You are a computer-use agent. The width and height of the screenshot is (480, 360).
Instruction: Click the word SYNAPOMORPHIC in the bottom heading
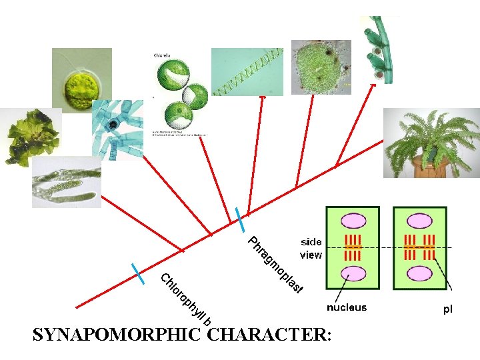(x=117, y=335)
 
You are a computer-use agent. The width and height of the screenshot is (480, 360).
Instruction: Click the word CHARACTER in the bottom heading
(x=267, y=335)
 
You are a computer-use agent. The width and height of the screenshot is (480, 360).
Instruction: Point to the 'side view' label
(x=311, y=248)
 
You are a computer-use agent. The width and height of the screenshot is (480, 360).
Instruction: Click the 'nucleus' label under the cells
(x=346, y=307)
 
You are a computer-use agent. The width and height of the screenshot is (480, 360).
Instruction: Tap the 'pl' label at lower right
(x=448, y=309)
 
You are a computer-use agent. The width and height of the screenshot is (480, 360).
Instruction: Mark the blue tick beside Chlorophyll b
(x=138, y=274)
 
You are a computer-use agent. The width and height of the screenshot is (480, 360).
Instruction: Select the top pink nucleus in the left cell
(x=352, y=221)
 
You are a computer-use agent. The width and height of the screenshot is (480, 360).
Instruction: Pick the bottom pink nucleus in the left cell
(x=352, y=273)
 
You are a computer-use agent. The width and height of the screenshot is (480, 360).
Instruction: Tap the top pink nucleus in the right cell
(x=420, y=221)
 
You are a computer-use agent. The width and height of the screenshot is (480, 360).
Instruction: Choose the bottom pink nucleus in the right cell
(x=420, y=273)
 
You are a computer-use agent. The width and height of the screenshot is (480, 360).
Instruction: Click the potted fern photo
(x=431, y=143)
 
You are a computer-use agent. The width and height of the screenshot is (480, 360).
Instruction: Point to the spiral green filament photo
(x=247, y=71)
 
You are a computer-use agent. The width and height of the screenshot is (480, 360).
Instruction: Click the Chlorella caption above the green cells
(x=161, y=55)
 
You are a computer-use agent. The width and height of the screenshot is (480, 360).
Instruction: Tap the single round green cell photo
(x=81, y=80)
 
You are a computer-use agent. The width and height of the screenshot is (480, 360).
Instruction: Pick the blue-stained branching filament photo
(x=117, y=130)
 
